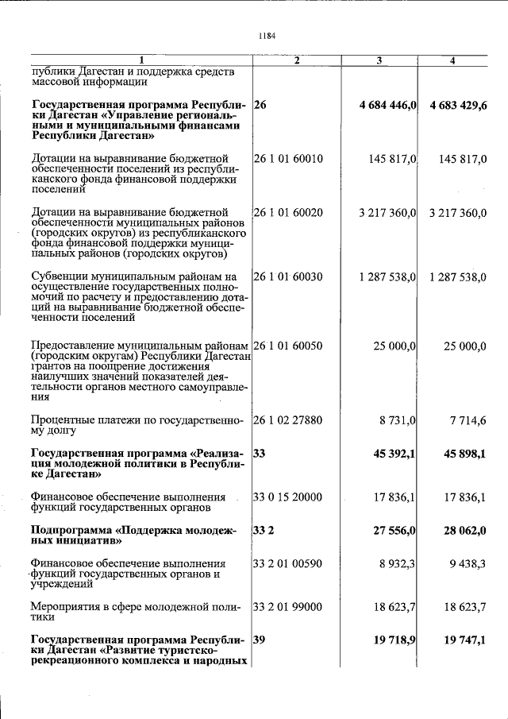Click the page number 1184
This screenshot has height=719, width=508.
click(267, 36)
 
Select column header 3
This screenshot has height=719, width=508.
click(379, 60)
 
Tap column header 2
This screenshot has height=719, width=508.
click(296, 60)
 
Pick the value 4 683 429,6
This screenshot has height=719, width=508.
click(458, 106)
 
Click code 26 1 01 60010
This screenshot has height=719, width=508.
click(288, 159)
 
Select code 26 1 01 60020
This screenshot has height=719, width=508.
click(288, 212)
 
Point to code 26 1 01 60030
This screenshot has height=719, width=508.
click(288, 276)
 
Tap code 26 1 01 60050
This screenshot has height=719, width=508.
click(288, 346)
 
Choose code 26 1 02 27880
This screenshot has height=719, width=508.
click(288, 419)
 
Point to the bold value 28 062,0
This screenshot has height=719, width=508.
click(464, 530)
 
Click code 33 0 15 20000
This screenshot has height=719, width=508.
click(288, 497)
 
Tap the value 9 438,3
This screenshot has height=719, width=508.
click(467, 563)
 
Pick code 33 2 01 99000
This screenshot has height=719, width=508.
click(288, 607)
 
